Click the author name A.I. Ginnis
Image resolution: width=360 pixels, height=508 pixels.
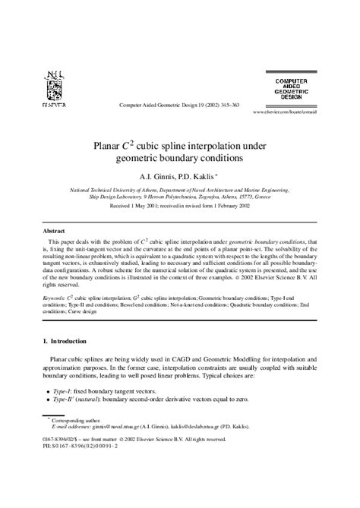[x=154, y=176]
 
